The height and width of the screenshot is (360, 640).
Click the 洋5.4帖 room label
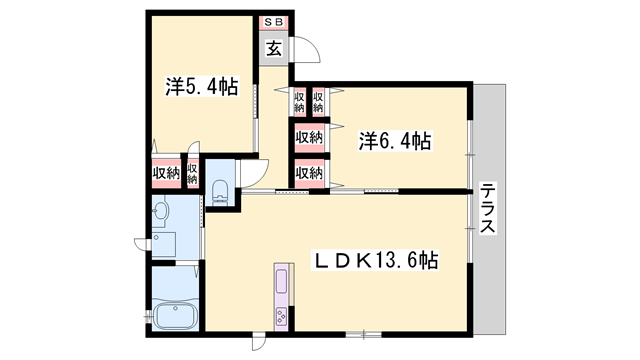(202, 87)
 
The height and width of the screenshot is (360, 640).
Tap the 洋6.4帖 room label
(395, 141)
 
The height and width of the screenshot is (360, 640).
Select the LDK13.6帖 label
(375, 260)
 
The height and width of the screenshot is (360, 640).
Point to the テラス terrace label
(488, 207)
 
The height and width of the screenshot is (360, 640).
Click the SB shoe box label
(274, 22)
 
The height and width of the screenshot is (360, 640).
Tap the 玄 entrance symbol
(274, 49)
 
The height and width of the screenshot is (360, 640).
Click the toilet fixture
(220, 192)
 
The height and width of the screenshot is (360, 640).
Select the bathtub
(176, 315)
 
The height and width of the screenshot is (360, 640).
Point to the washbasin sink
(160, 212)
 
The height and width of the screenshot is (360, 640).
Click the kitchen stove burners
(281, 316)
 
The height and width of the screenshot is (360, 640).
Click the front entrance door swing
(306, 49)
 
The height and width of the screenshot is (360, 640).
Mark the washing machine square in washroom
(164, 244)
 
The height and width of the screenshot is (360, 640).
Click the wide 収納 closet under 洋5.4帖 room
(167, 173)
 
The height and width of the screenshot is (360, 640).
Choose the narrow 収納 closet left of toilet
(192, 173)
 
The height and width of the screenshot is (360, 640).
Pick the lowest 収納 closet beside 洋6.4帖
(309, 173)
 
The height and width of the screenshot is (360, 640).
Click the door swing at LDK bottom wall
(259, 342)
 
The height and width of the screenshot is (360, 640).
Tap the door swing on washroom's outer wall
(142, 244)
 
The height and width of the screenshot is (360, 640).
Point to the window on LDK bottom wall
(364, 335)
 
